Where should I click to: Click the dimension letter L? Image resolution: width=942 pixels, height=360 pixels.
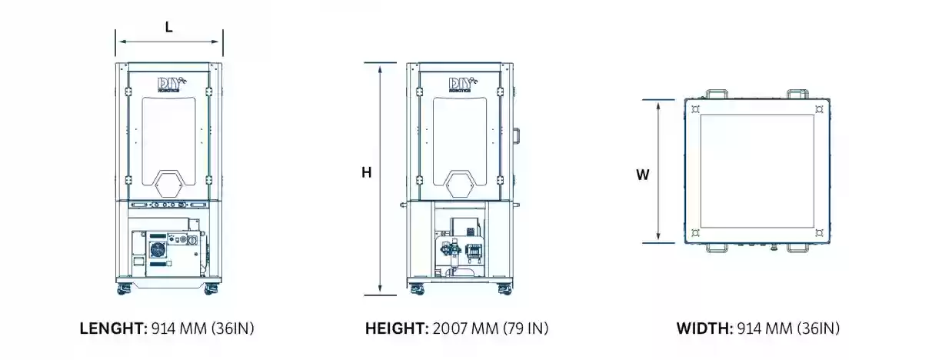tap(168, 28)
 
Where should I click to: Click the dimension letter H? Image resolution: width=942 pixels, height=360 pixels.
tap(366, 172)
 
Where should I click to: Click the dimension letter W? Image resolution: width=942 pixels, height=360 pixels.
tap(643, 175)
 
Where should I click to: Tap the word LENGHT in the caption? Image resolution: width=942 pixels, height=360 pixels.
tap(113, 328)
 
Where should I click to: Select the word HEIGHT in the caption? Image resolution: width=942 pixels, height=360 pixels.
tap(397, 328)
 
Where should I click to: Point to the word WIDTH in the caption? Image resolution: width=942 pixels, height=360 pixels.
tap(704, 328)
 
